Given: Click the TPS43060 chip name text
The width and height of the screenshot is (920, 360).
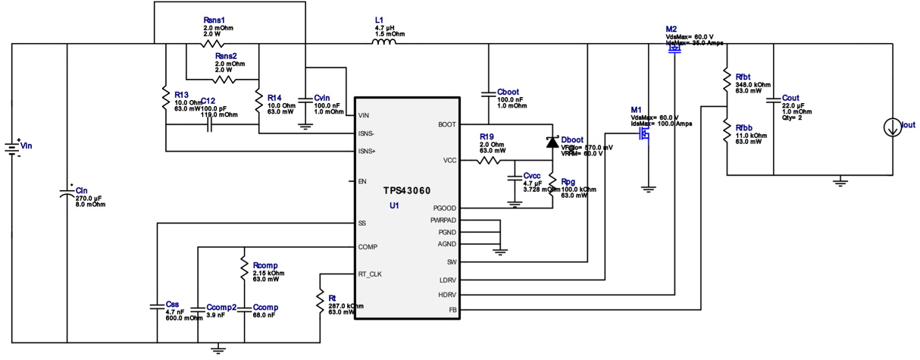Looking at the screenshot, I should (x=408, y=191).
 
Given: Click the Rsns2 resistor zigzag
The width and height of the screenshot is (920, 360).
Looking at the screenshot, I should (x=223, y=79).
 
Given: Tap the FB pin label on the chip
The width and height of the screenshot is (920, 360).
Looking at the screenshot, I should (x=452, y=310).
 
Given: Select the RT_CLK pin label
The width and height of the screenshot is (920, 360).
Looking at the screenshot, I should (x=371, y=274).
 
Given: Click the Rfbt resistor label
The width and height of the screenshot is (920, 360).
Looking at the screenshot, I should (x=743, y=77).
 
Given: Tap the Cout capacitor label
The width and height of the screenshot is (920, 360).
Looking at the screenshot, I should (x=790, y=99).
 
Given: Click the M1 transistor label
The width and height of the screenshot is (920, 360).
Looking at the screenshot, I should (x=636, y=111).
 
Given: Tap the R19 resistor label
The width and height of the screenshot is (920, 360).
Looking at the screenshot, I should (x=486, y=136).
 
